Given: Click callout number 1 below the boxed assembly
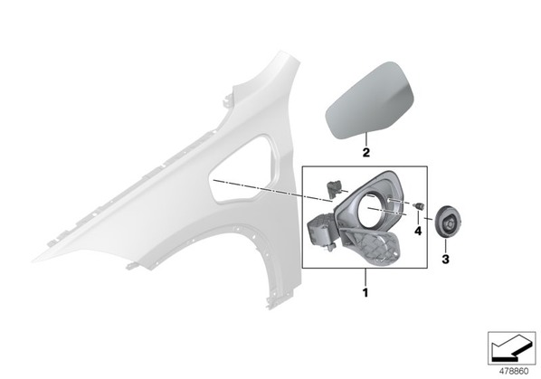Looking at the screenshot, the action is [x=365, y=293].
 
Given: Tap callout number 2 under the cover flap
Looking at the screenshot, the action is [x=365, y=153].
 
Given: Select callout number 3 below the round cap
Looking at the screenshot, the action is [x=445, y=260].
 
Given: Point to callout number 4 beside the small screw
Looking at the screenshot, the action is [x=418, y=231].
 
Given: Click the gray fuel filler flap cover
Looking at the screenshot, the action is [x=370, y=100].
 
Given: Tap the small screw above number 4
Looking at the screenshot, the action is [x=419, y=206].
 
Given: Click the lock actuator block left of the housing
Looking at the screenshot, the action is [x=321, y=230].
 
